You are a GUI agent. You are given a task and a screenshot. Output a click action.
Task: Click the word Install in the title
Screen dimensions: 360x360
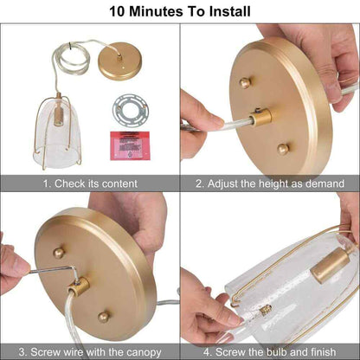(229, 11)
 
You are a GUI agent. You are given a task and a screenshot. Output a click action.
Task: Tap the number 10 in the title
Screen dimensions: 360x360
(118, 11)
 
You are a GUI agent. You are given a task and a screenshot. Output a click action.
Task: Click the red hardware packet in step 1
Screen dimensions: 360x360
(130, 145)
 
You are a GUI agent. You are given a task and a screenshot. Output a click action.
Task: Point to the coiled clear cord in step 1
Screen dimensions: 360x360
(72, 58)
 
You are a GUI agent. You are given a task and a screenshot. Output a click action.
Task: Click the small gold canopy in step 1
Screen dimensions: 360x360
(119, 61)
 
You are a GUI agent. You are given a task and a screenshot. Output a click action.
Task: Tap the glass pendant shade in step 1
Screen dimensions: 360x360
(57, 132)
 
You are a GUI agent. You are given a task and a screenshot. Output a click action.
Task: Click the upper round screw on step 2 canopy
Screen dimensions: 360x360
(245, 83)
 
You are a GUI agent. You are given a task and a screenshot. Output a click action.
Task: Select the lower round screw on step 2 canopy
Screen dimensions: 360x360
(283, 149)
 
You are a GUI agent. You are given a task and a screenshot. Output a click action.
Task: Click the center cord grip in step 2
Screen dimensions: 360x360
(261, 117)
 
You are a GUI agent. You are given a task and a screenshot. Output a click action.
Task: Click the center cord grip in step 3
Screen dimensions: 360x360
(79, 286)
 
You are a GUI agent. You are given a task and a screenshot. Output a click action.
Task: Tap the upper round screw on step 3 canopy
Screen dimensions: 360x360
(59, 253)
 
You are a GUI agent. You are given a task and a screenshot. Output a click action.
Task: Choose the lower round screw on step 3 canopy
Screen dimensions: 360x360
(103, 317)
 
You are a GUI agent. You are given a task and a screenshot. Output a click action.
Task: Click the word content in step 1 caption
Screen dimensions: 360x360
(119, 183)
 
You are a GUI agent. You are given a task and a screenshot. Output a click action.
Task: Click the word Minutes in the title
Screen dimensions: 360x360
(156, 11)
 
